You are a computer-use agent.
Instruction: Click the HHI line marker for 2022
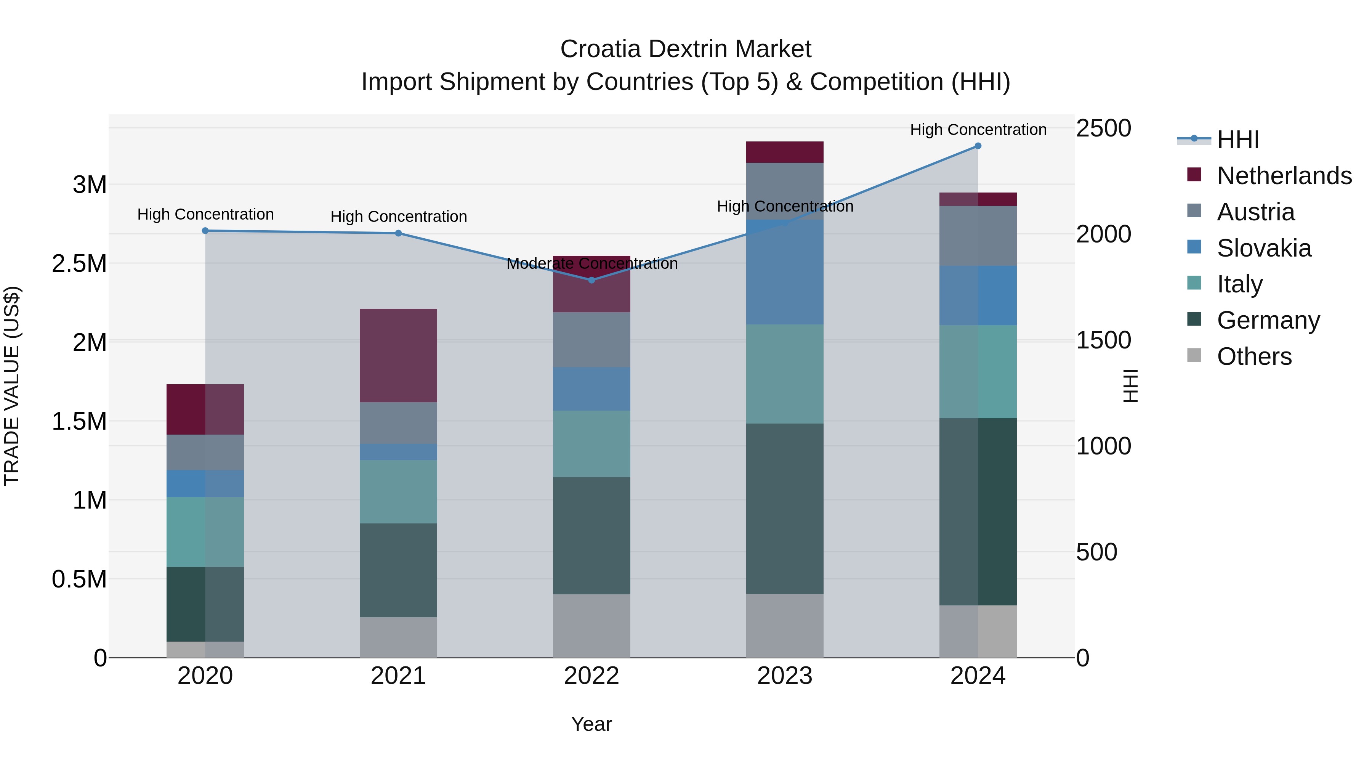(591, 280)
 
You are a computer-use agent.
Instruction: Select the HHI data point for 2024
(978, 146)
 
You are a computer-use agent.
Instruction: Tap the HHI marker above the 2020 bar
(205, 231)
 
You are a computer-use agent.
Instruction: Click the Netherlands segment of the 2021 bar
(398, 355)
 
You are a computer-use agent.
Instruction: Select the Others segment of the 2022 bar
(591, 626)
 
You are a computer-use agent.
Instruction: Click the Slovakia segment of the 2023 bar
(785, 272)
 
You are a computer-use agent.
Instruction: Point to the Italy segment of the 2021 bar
(398, 491)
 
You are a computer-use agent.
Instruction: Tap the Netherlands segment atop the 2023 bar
(785, 152)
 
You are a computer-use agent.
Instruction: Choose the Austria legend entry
(1255, 212)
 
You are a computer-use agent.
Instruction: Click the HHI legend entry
(1238, 140)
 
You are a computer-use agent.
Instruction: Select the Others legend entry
(1254, 356)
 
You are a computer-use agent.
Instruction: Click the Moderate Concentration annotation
(592, 263)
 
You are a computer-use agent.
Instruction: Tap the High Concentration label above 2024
(978, 130)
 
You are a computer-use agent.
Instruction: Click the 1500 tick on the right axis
(1103, 340)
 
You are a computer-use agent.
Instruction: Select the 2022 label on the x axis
(591, 676)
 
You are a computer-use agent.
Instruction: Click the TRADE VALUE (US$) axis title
(12, 386)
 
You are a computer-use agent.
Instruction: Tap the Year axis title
(591, 724)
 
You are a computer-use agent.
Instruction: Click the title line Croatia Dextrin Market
(686, 49)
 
